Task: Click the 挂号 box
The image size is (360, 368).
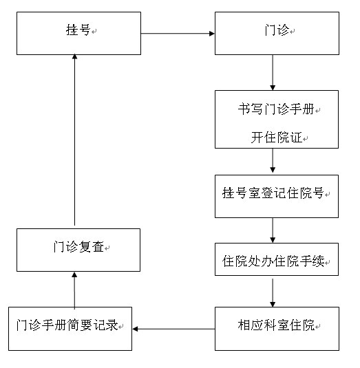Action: click(x=78, y=33)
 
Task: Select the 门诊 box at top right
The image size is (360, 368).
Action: click(x=277, y=33)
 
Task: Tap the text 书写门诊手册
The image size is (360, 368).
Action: click(x=276, y=109)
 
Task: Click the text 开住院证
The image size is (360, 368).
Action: click(x=277, y=138)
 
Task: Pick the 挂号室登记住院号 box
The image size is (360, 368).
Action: click(x=277, y=196)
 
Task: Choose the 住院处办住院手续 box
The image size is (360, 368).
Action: click(x=277, y=259)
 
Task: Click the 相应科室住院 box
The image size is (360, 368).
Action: click(x=277, y=329)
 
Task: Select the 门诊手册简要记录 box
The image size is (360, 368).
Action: click(x=70, y=329)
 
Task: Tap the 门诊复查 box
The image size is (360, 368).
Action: click(x=78, y=250)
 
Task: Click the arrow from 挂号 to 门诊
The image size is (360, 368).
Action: click(x=178, y=34)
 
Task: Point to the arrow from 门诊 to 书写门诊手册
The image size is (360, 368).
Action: click(x=273, y=72)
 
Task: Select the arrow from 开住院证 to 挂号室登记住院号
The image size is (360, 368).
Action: click(x=273, y=161)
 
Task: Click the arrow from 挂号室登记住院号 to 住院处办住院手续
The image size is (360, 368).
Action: click(x=273, y=230)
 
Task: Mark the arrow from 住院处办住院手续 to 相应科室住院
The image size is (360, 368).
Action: click(x=273, y=293)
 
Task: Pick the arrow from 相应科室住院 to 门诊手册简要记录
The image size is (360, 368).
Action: click(x=173, y=329)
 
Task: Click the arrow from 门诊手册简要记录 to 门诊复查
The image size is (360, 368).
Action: click(x=74, y=290)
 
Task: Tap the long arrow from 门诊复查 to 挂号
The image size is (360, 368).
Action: click(x=74, y=140)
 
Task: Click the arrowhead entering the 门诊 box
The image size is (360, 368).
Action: click(x=212, y=34)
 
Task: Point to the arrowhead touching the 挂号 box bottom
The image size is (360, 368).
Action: click(x=74, y=56)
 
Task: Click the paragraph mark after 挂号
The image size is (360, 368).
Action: click(x=94, y=31)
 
